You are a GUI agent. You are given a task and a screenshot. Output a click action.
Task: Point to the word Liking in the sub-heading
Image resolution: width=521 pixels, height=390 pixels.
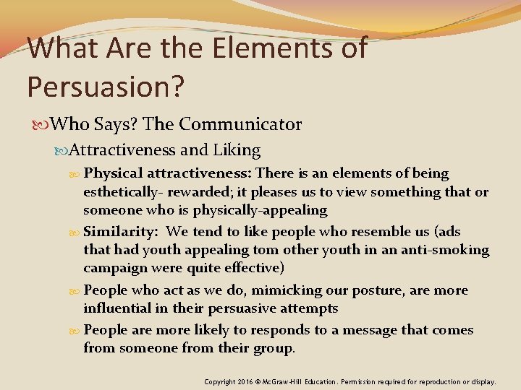[x=237, y=150]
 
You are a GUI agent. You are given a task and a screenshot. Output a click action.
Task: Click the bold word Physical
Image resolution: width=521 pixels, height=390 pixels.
[x=114, y=173]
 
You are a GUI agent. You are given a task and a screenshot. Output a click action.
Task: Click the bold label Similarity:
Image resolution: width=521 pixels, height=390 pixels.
[x=121, y=232]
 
